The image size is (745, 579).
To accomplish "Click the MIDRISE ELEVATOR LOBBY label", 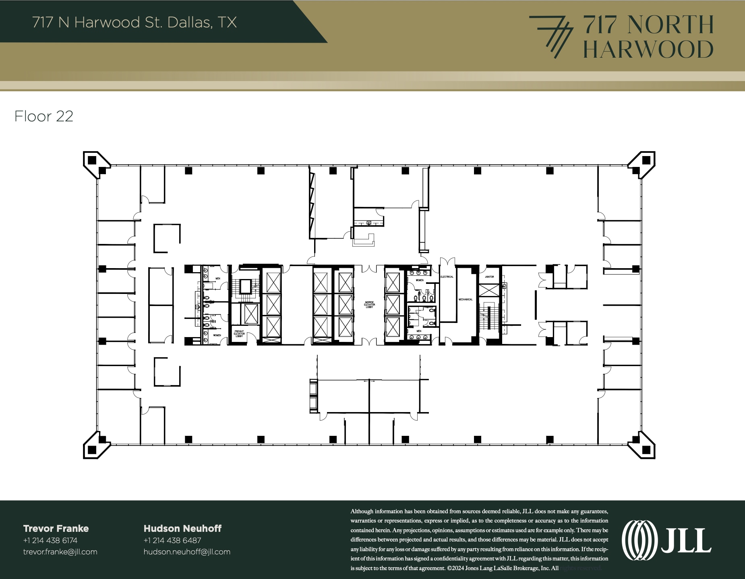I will coord(369,304).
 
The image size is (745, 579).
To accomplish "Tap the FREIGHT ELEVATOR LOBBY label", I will coord(239,334).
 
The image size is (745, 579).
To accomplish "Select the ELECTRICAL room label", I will coord(447,277).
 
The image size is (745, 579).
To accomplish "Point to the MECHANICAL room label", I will coord(466,300).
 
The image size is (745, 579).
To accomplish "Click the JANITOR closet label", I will coord(489,277).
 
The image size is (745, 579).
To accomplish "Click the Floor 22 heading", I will coord(44,117).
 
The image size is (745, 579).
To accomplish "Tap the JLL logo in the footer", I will coord(666,540).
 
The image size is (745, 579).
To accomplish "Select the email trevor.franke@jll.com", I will coord(60,552).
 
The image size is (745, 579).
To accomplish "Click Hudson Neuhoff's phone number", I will coord(172,540).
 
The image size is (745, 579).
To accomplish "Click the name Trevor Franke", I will coord(56,529).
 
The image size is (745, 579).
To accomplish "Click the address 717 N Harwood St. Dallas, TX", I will coord(134,23).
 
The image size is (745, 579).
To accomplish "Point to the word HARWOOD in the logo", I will coord(648,50).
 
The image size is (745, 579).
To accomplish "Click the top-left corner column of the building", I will coord(92,160).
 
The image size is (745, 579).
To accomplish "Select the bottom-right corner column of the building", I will coord(646,450).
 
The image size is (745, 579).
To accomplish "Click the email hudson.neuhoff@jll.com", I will coord(187,552).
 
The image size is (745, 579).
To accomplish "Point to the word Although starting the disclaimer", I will coord(362,511).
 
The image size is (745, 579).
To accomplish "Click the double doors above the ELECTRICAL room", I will coord(447,262).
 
